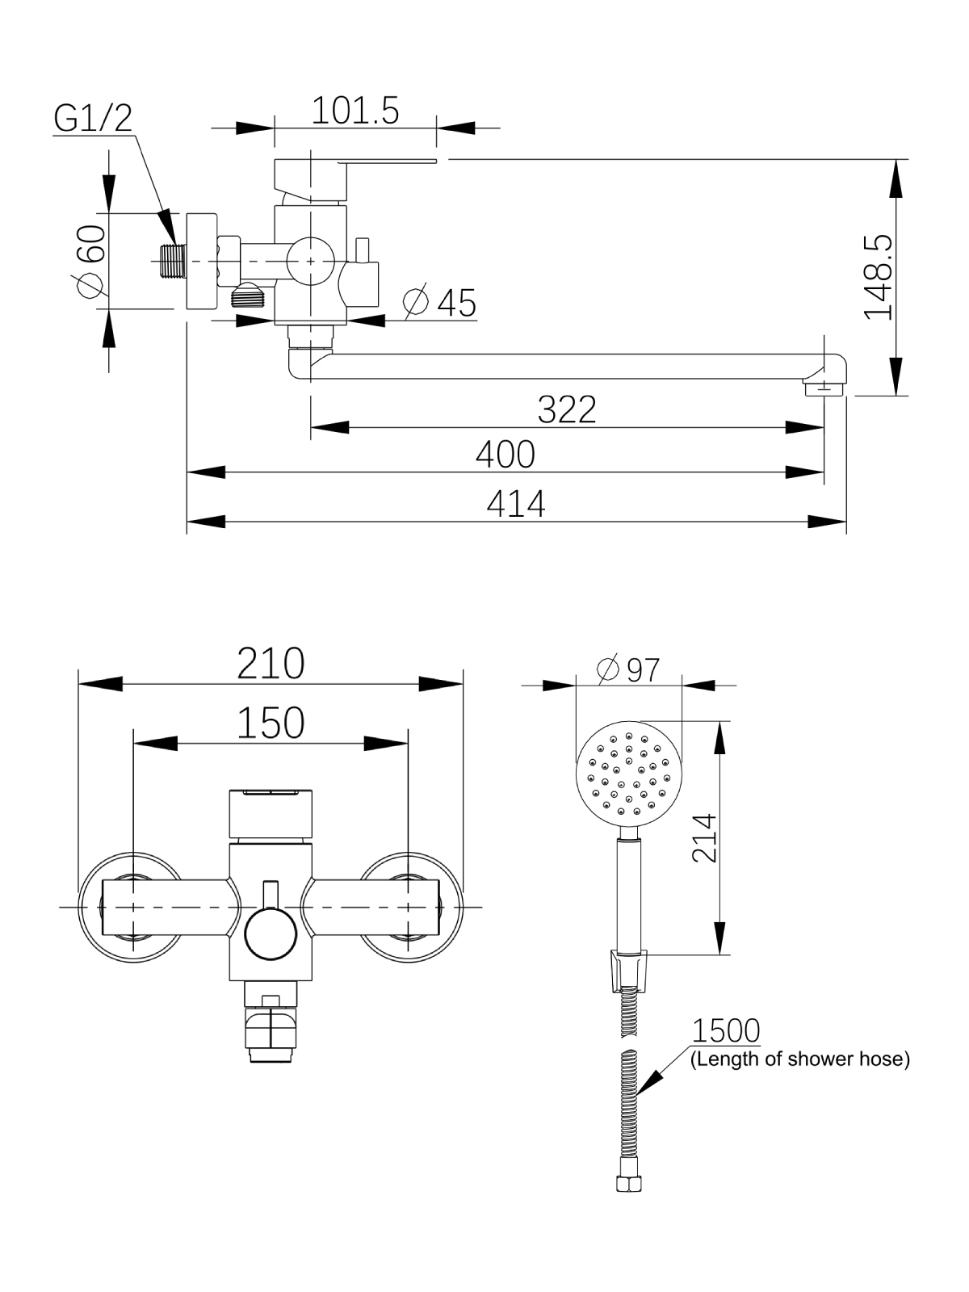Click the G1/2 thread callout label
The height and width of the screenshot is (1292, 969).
coord(93,118)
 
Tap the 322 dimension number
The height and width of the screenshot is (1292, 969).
coord(567,409)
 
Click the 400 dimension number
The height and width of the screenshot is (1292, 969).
coord(505,455)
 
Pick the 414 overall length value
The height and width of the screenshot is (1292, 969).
coord(516,505)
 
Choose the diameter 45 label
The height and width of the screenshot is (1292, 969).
coord(440,303)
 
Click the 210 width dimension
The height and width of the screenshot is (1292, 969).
coord(271,664)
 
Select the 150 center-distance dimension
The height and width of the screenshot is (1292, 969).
coord(271,723)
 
